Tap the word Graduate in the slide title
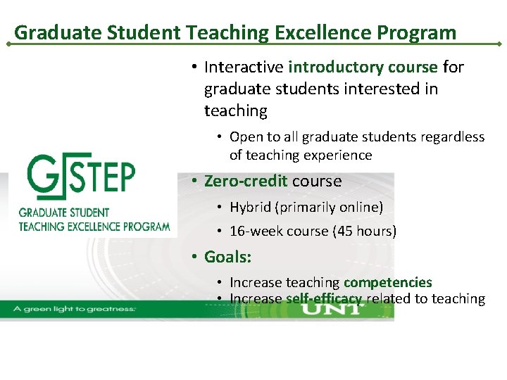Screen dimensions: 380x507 pyautogui.click(x=49, y=32)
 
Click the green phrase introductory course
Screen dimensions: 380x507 pyautogui.click(x=363, y=67)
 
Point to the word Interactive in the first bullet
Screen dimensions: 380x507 pyautogui.click(x=244, y=67)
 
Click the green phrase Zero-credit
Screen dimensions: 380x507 pyautogui.click(x=246, y=181)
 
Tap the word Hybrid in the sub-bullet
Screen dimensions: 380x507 pyautogui.click(x=251, y=207)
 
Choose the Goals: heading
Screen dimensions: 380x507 pyautogui.click(x=227, y=257)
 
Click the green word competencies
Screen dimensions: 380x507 pyautogui.click(x=388, y=282)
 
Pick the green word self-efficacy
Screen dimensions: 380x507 pyautogui.click(x=324, y=299)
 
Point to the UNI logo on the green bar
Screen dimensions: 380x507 pyautogui.click(x=337, y=308)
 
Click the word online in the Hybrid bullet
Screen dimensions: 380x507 pyautogui.click(x=361, y=207)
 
